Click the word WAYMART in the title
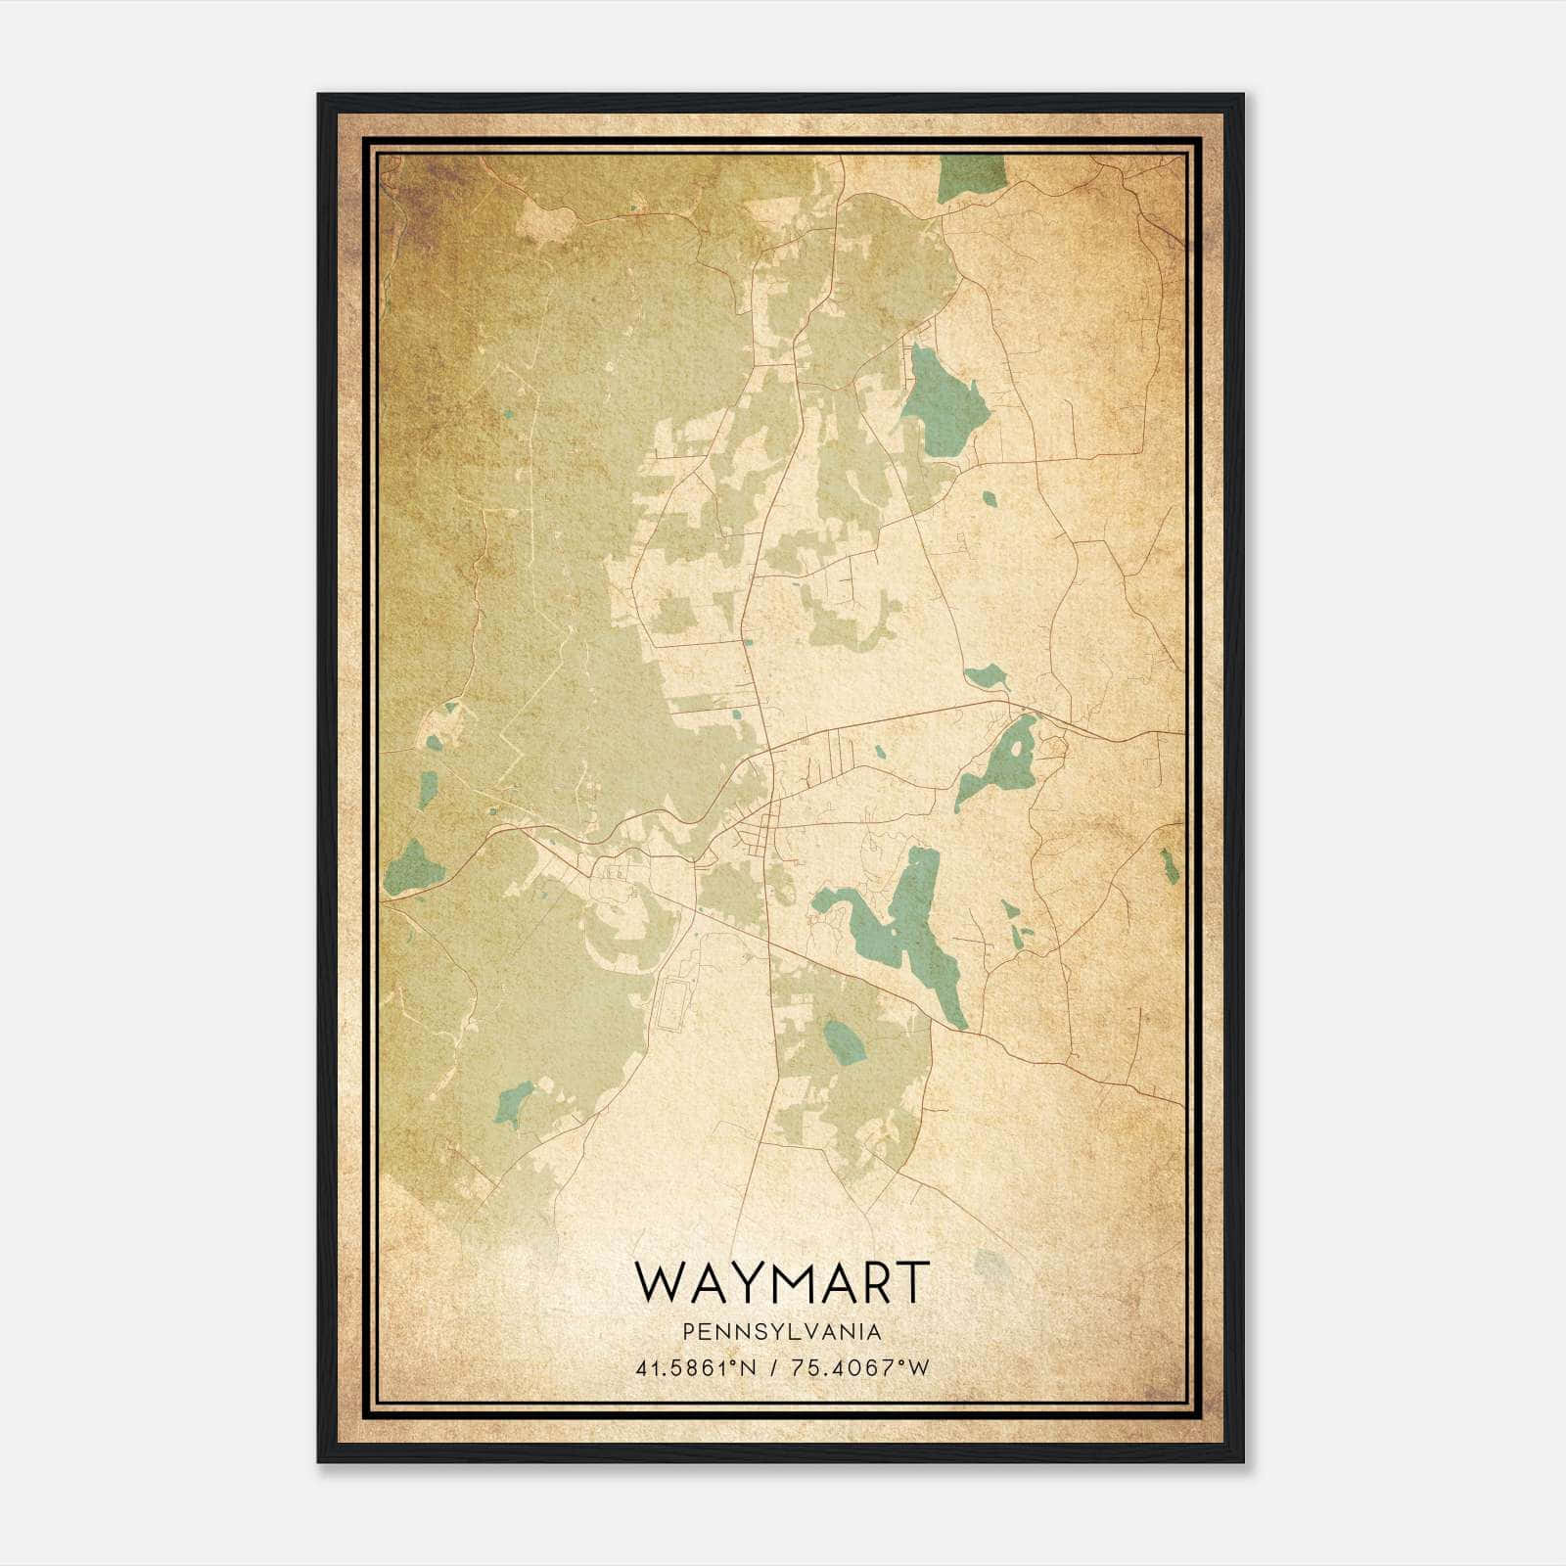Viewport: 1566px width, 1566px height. pos(781,1282)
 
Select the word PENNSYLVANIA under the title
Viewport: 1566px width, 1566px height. pos(782,1332)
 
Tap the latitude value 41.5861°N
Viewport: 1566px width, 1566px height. pos(696,1367)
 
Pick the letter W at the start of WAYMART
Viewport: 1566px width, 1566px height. pos(657,1282)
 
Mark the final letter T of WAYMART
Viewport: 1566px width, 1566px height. pos(909,1282)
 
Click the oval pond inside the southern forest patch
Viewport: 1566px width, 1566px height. pos(844,1042)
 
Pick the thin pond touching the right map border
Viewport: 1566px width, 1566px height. pos(1170,866)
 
